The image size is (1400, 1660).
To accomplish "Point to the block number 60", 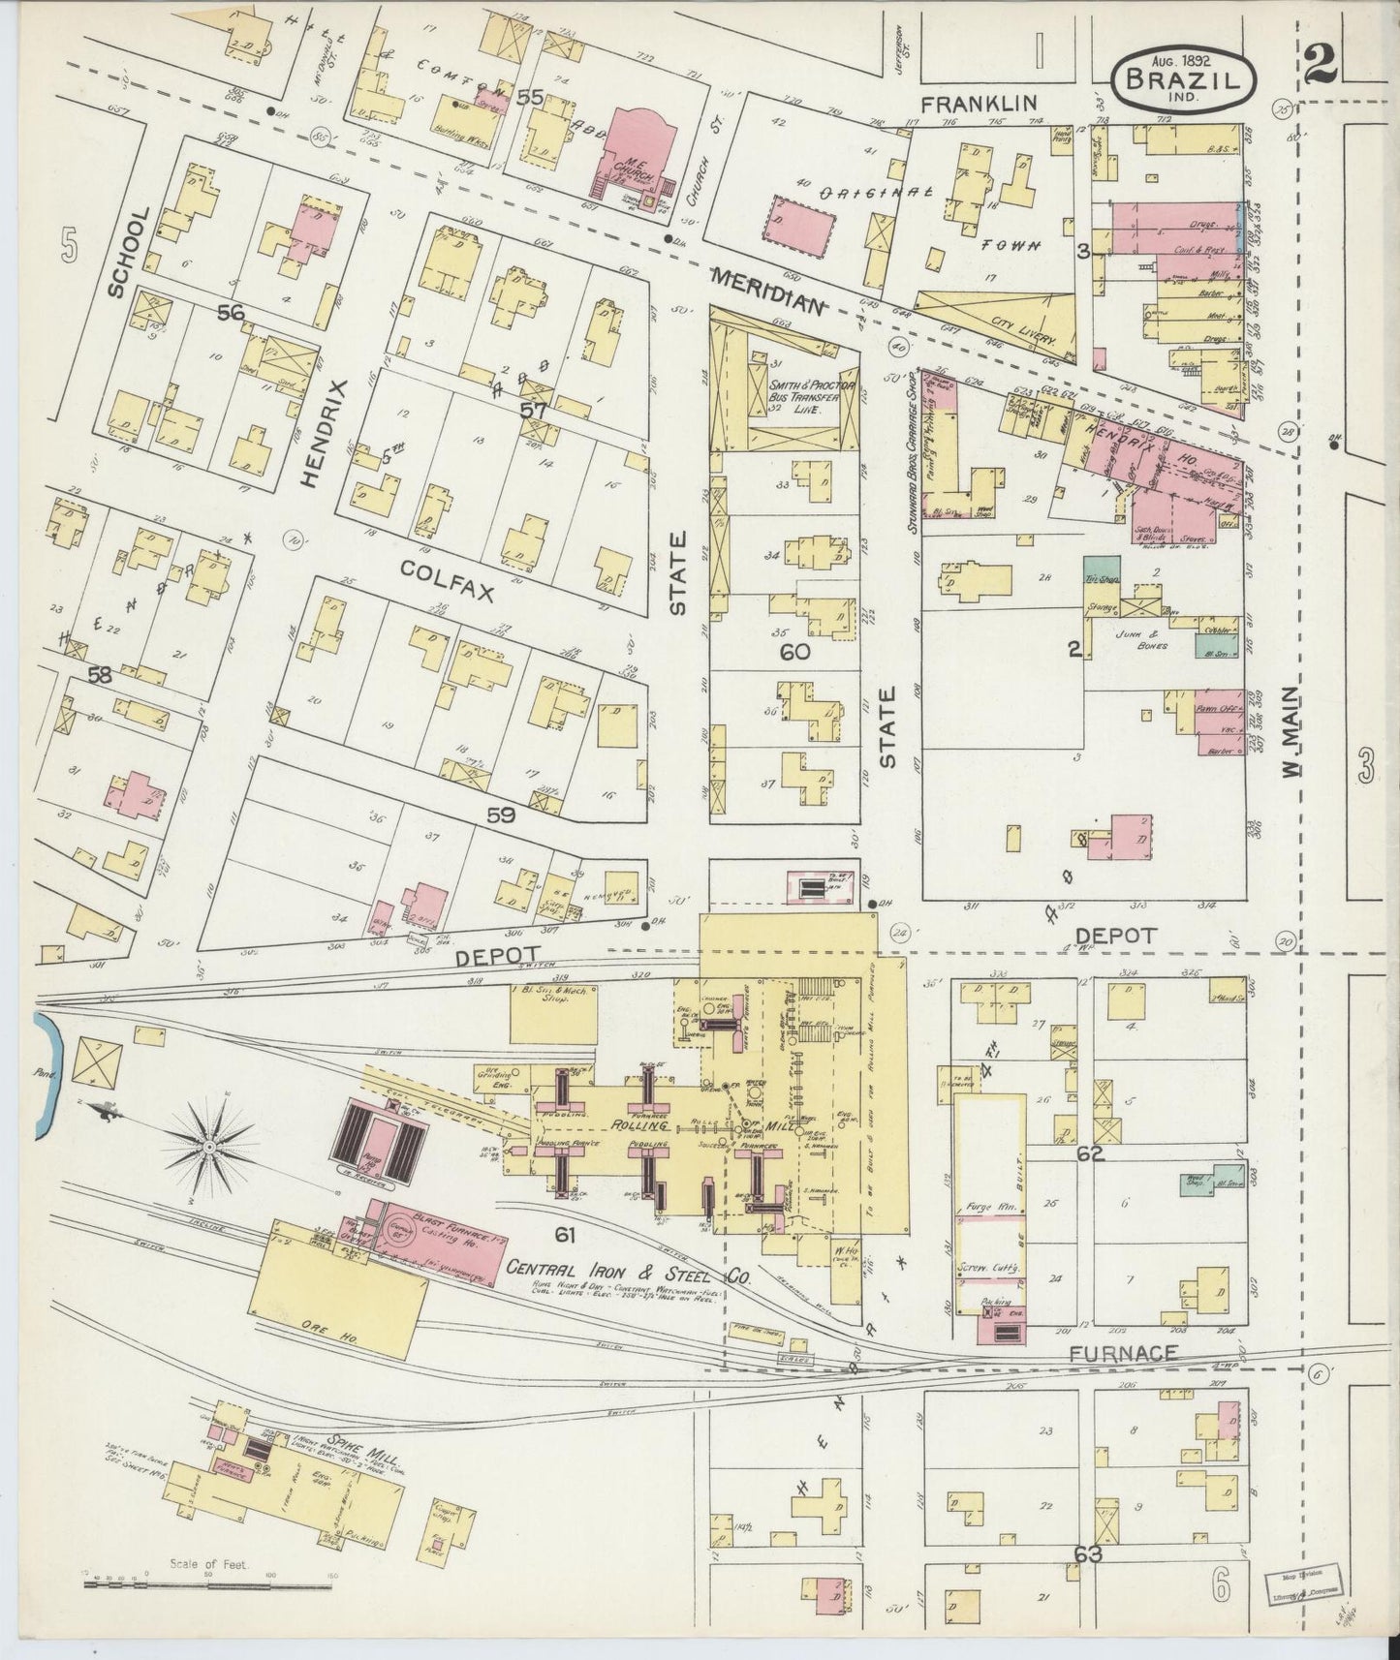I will coord(794,652).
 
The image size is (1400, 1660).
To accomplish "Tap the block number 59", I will coord(501,815).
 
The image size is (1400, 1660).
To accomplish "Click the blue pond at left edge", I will coord(45,1075).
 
